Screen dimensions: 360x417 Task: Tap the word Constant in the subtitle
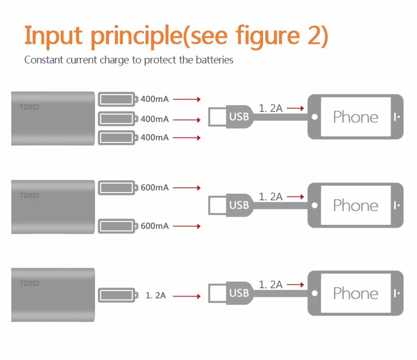click(43, 60)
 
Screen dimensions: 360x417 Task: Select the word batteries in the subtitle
click(214, 60)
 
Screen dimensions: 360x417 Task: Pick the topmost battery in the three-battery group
click(117, 100)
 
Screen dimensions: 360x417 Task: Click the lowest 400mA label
click(155, 137)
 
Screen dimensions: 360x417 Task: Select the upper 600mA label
click(155, 188)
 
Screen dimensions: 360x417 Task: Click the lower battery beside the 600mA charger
click(117, 226)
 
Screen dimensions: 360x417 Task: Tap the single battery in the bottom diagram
click(117, 295)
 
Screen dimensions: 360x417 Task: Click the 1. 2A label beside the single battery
click(156, 295)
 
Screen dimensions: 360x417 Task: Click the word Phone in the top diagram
click(355, 117)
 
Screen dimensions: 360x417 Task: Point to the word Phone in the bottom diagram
click(355, 293)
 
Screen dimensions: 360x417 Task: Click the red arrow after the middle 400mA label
click(186, 119)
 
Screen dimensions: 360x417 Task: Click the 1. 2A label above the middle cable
click(271, 196)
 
